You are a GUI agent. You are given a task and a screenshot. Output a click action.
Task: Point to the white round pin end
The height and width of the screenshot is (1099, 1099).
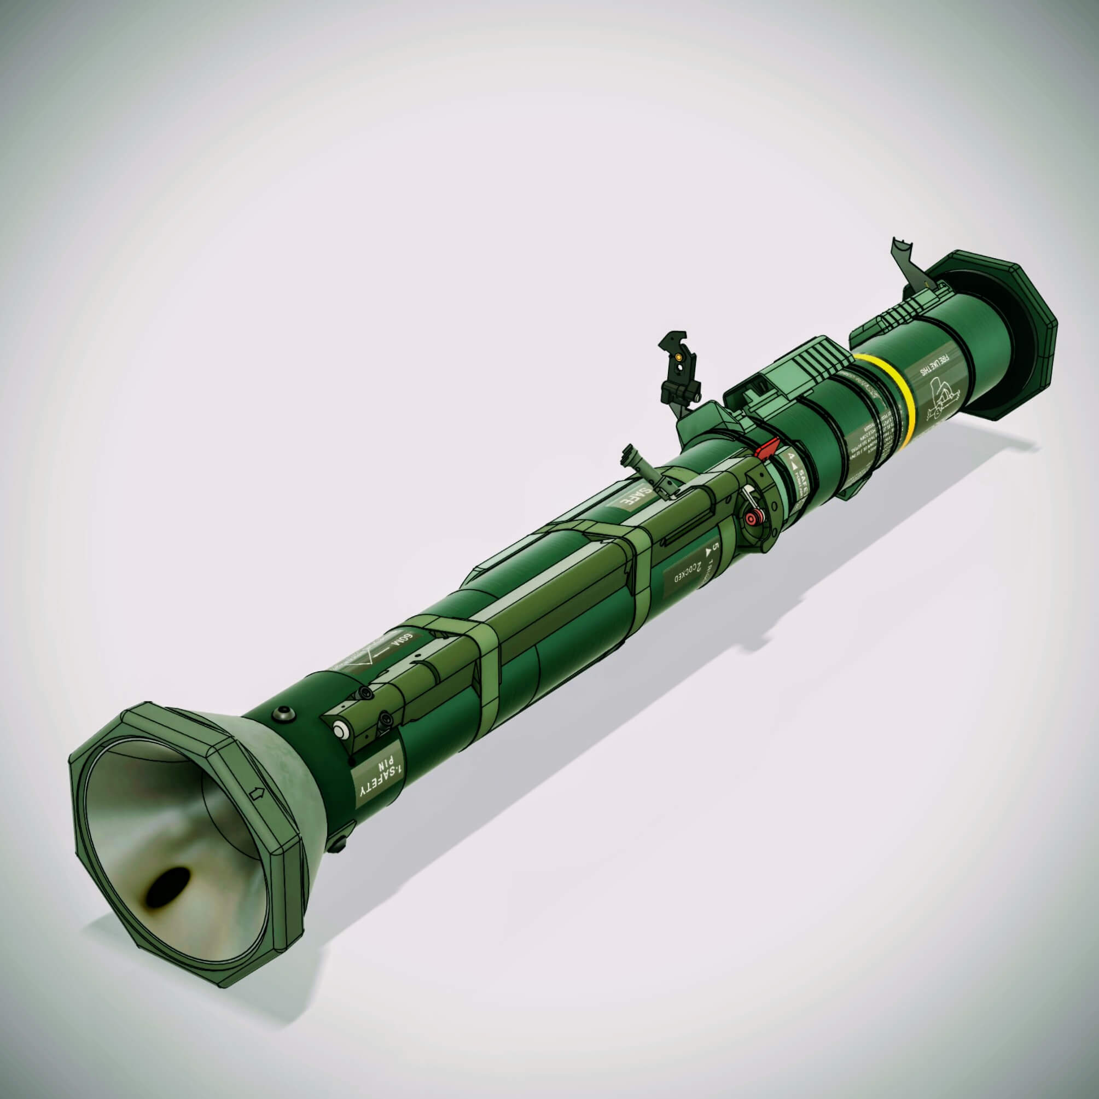[341, 730]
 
